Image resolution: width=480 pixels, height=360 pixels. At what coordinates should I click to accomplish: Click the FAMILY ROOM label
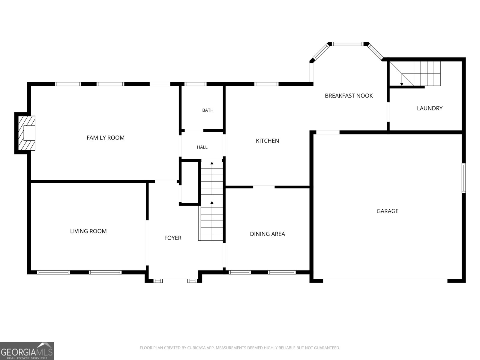(x=105, y=138)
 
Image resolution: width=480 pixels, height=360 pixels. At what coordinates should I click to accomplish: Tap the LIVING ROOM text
(x=88, y=231)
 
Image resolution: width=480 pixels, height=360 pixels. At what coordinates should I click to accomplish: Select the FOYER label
(x=173, y=238)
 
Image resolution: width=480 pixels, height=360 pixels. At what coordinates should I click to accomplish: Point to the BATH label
(x=208, y=110)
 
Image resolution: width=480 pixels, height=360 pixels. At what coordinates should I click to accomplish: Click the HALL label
(x=202, y=147)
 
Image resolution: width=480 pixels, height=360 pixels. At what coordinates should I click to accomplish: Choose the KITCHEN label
(x=267, y=141)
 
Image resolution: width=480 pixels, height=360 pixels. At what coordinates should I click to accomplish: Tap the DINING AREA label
(x=267, y=234)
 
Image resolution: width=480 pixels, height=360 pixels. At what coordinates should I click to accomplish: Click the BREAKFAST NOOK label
(x=349, y=96)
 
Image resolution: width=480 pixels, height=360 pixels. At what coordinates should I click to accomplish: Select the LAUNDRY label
(x=430, y=108)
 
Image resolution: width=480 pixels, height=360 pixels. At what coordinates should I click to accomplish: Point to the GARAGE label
(x=388, y=211)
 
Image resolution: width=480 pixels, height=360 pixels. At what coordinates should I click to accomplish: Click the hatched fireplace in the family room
(x=26, y=133)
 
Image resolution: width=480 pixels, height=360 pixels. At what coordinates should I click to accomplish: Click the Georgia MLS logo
(x=27, y=351)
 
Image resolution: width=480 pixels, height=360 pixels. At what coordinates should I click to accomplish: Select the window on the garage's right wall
(x=463, y=178)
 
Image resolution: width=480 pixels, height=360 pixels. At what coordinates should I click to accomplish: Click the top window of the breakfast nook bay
(x=348, y=44)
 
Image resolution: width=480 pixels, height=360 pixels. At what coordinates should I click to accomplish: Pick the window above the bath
(x=195, y=84)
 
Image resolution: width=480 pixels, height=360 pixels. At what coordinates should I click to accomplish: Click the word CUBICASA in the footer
(x=196, y=347)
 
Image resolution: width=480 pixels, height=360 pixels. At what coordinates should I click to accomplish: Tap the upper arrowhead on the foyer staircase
(x=212, y=163)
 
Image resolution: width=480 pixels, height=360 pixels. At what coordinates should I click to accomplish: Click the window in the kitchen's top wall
(x=266, y=84)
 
